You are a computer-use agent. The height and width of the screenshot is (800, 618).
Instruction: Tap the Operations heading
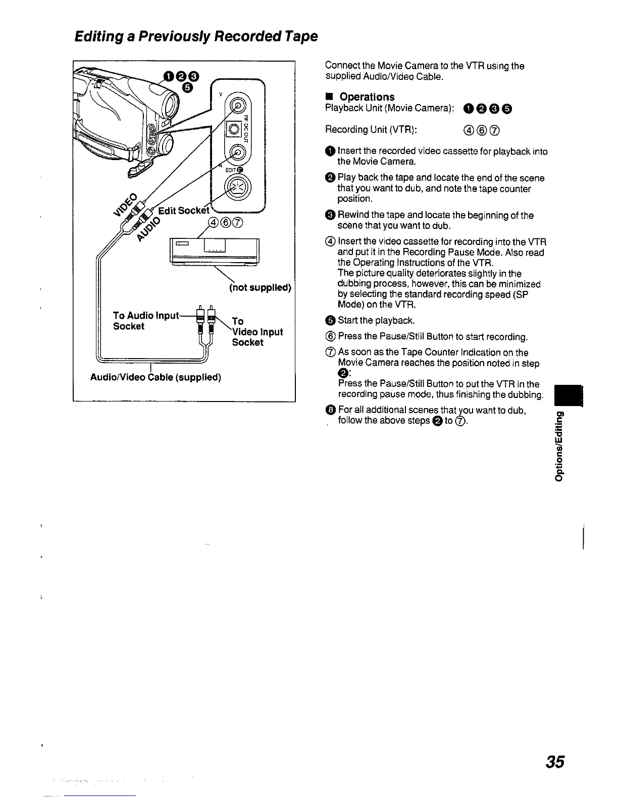[367, 96]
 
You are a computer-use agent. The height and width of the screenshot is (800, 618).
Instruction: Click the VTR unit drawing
[215, 251]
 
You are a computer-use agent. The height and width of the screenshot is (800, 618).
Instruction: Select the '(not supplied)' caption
[260, 288]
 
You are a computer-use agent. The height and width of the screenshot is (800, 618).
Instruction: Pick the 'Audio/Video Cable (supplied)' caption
[156, 377]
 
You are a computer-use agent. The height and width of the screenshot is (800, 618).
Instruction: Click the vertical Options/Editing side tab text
[558, 446]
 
